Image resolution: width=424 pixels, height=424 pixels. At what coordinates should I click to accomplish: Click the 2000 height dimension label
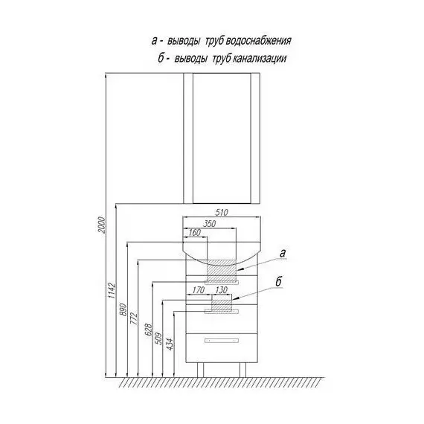click(x=102, y=225)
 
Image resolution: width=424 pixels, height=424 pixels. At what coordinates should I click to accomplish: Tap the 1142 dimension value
click(x=112, y=291)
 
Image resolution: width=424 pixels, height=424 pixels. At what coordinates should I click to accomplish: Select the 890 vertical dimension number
click(x=123, y=309)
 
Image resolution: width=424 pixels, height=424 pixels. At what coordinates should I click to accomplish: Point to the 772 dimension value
click(x=134, y=318)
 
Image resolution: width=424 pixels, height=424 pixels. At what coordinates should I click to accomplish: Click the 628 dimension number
click(x=149, y=330)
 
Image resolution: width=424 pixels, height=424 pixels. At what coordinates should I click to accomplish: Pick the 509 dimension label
click(x=159, y=338)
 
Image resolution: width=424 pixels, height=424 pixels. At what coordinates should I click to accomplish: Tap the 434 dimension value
click(x=170, y=344)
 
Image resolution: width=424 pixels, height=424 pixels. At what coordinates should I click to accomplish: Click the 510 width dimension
click(x=222, y=212)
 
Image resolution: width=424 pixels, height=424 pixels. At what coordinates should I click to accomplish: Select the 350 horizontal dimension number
click(x=209, y=223)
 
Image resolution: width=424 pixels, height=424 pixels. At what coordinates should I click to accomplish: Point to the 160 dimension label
click(x=195, y=232)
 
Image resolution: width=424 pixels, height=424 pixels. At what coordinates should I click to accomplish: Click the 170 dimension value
click(x=198, y=290)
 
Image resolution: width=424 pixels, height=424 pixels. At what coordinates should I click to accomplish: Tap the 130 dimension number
click(x=221, y=290)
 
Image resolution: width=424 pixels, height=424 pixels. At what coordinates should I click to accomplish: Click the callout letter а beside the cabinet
click(x=283, y=254)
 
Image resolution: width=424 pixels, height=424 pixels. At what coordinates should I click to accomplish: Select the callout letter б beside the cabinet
click(x=278, y=281)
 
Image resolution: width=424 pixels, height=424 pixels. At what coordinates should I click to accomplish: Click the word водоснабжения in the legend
click(x=258, y=41)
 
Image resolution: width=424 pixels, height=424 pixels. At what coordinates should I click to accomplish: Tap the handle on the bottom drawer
click(x=222, y=341)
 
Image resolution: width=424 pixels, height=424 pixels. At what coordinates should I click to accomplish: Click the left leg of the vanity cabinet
click(x=200, y=370)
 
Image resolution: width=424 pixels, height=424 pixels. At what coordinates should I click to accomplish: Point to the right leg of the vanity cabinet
click(x=242, y=370)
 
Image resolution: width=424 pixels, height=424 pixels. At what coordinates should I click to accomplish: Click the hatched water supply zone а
click(x=222, y=271)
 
